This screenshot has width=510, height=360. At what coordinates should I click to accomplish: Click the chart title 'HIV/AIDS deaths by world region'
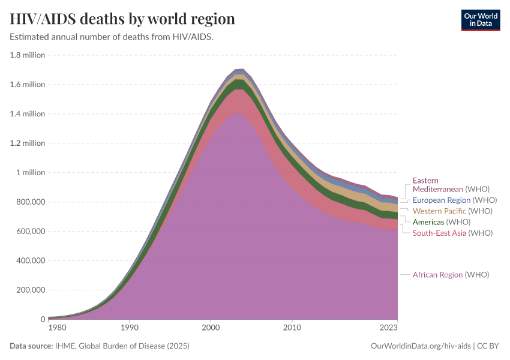[x=122, y=19]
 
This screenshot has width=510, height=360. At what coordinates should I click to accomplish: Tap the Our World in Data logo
[x=480, y=20]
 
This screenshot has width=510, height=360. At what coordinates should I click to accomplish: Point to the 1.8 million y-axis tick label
[x=28, y=55]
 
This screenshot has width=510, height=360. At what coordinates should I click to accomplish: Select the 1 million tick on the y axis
[x=30, y=173]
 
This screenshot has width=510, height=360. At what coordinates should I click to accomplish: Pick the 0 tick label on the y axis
[x=43, y=319]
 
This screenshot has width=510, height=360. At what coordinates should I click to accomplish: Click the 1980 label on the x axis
[x=58, y=328]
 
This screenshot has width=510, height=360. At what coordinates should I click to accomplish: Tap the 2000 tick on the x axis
[x=211, y=328]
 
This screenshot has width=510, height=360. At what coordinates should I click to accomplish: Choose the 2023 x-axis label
[x=388, y=328]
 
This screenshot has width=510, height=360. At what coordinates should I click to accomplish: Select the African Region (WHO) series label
[x=451, y=275]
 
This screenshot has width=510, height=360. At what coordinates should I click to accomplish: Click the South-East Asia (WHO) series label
[x=452, y=233]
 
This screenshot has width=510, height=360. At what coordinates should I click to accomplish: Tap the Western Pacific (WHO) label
[x=452, y=211]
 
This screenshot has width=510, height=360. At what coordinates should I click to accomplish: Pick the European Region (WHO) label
[x=454, y=200]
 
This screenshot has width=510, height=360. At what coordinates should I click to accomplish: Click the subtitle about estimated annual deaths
[x=112, y=37]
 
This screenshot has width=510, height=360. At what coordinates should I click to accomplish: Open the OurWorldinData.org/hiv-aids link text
[x=420, y=346]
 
